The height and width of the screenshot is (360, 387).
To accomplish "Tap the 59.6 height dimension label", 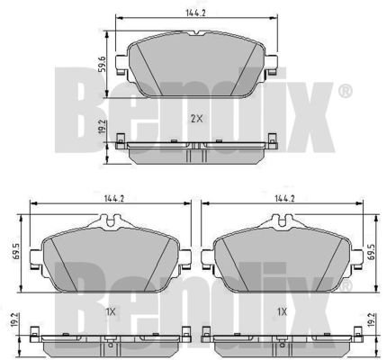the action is [102, 64].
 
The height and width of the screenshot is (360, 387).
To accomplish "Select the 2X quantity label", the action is [197, 119].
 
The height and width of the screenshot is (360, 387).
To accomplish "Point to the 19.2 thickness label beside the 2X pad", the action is [102, 127].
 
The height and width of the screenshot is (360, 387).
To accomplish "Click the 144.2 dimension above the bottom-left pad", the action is [114, 198].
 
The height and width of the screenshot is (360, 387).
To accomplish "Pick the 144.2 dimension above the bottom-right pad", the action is [284, 198].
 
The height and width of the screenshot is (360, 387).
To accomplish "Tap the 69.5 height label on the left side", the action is [17, 252].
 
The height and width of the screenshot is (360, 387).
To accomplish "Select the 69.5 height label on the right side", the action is [371, 252].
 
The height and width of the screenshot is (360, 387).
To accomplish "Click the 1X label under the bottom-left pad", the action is [111, 312].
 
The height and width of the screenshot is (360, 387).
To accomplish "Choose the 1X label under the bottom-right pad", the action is [282, 312].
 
